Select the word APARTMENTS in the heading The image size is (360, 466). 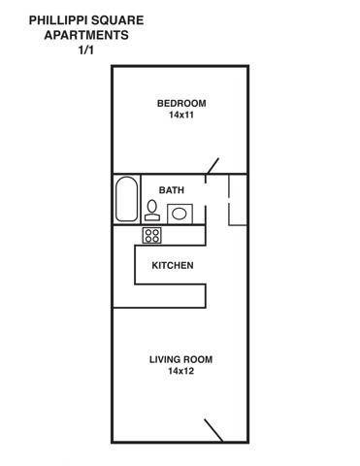coord(86,35)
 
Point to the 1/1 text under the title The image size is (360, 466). coord(86,50)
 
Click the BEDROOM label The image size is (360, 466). coord(181,104)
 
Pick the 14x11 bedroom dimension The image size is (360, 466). coord(181,115)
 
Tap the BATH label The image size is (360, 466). coord(172,190)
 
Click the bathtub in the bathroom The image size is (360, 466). coord(126,199)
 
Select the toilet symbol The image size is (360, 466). coord(152,211)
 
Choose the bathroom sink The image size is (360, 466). coord(180,214)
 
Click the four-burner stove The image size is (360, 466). coord(152,235)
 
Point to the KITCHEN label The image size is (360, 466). coord(173,266)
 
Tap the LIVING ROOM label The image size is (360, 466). coord(180,359)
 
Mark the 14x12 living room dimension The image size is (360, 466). coord(180,371)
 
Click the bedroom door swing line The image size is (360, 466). coord(213,166)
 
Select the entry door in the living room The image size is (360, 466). coord(213,430)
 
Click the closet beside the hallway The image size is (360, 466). coord(238,200)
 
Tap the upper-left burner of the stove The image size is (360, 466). coord(148,232)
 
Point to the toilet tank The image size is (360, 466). coord(152,217)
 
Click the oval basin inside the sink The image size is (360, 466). coord(179,214)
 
